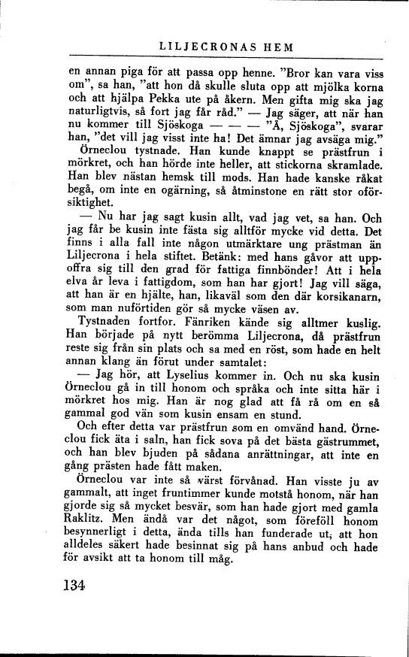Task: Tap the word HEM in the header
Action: [279, 47]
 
